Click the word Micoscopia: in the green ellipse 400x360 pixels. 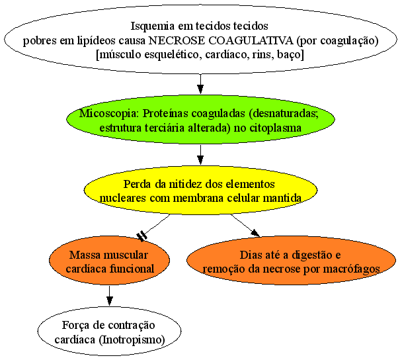110,114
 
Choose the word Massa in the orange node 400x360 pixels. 82,255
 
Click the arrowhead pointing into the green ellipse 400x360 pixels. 200,89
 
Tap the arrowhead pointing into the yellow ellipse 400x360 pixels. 200,160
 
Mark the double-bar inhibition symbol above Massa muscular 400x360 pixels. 141,236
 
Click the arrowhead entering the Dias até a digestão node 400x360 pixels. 256,233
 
